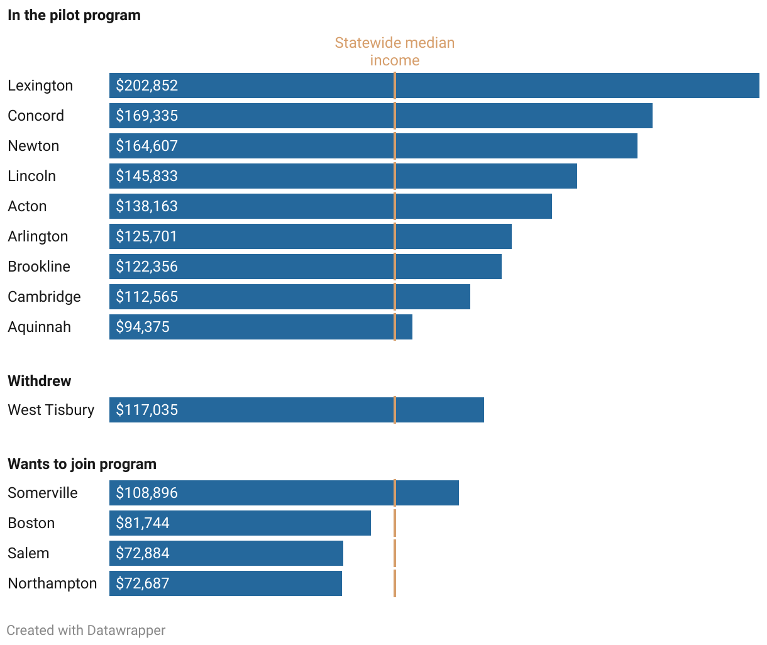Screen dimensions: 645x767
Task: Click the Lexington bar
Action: point(434,85)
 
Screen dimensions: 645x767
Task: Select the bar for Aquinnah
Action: point(261,327)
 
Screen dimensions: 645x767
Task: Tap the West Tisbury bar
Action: point(297,410)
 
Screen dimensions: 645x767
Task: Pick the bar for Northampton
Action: point(226,583)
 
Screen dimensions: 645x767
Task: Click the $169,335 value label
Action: point(147,116)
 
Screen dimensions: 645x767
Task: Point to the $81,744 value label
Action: point(143,523)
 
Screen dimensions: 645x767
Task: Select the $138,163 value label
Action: point(147,206)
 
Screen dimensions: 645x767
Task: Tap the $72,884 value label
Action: point(143,553)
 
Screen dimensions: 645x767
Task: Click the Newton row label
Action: point(33,146)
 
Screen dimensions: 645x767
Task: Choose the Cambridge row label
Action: point(44,297)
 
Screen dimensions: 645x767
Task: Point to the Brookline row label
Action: point(39,267)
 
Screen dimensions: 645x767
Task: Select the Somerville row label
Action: point(43,493)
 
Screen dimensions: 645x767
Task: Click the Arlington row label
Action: point(38,236)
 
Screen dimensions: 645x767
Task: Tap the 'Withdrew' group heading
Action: point(40,381)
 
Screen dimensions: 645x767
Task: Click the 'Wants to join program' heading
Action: point(82,464)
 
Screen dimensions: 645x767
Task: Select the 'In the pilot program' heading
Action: point(74,15)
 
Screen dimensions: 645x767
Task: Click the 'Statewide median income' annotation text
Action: point(395,52)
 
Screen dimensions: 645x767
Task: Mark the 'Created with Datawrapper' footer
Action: point(86,630)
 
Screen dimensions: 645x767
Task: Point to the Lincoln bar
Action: point(343,176)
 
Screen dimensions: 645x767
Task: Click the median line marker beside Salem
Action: point(395,553)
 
